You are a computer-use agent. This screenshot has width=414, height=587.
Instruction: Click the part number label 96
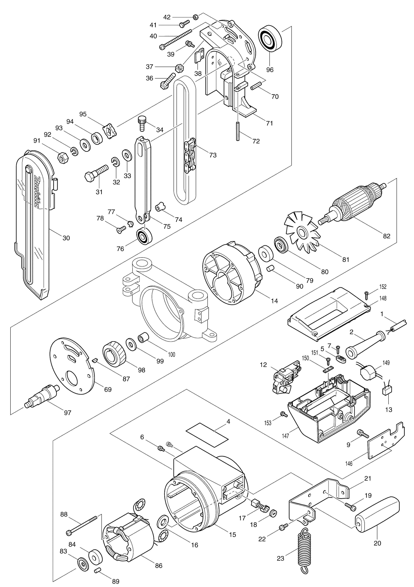(270, 70)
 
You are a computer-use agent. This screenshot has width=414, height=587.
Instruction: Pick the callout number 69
(108, 390)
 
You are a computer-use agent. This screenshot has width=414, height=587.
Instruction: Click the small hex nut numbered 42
(195, 17)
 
